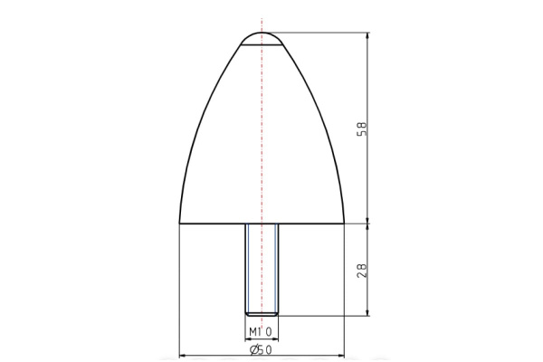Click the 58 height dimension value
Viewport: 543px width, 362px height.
pyautogui.click(x=363, y=129)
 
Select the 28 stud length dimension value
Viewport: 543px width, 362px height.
pyautogui.click(x=363, y=269)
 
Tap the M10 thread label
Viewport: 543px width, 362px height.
pyautogui.click(x=262, y=331)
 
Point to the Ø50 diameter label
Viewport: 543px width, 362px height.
pyautogui.click(x=262, y=348)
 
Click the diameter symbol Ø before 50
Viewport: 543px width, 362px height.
pyautogui.click(x=253, y=348)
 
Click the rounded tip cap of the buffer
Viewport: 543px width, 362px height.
pyautogui.click(x=262, y=38)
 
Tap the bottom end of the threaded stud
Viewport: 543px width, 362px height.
pyautogui.click(x=262, y=313)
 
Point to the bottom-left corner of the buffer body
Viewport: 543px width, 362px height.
pyautogui.click(x=180, y=223)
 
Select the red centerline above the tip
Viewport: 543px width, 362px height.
pyautogui.click(x=262, y=23)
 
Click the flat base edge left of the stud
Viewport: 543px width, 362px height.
pyautogui.click(x=213, y=223)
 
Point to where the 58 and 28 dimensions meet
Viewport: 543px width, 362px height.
pyautogui.click(x=368, y=223)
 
